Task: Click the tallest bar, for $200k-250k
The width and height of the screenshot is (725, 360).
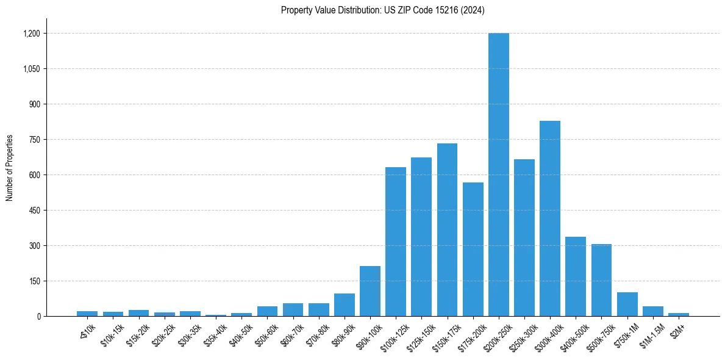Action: (498, 175)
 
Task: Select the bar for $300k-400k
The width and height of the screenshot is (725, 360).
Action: (549, 218)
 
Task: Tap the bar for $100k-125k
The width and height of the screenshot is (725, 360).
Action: (396, 242)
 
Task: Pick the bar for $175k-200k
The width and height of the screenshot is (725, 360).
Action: (473, 249)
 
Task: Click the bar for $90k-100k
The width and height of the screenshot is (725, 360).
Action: (370, 291)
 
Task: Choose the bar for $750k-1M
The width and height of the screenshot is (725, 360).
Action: (627, 304)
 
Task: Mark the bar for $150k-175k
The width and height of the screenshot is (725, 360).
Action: (447, 229)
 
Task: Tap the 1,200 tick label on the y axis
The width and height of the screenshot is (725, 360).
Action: (32, 34)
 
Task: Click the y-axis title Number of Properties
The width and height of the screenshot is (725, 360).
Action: (10, 167)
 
